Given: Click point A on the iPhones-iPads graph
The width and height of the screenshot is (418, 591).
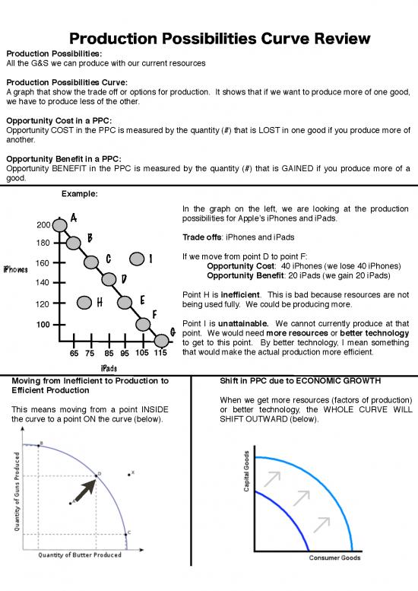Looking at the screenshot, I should click(60, 224).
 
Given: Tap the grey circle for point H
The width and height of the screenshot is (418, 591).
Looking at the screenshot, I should click(84, 303).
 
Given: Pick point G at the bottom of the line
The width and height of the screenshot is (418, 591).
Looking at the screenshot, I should click(160, 340).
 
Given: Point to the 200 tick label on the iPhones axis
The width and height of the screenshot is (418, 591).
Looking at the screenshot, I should click(44, 225).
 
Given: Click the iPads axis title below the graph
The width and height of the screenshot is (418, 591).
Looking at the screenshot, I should click(108, 367).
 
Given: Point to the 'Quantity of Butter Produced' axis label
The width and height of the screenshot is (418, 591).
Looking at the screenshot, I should click(80, 554).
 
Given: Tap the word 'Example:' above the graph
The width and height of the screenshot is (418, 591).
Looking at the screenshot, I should click(78, 193).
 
